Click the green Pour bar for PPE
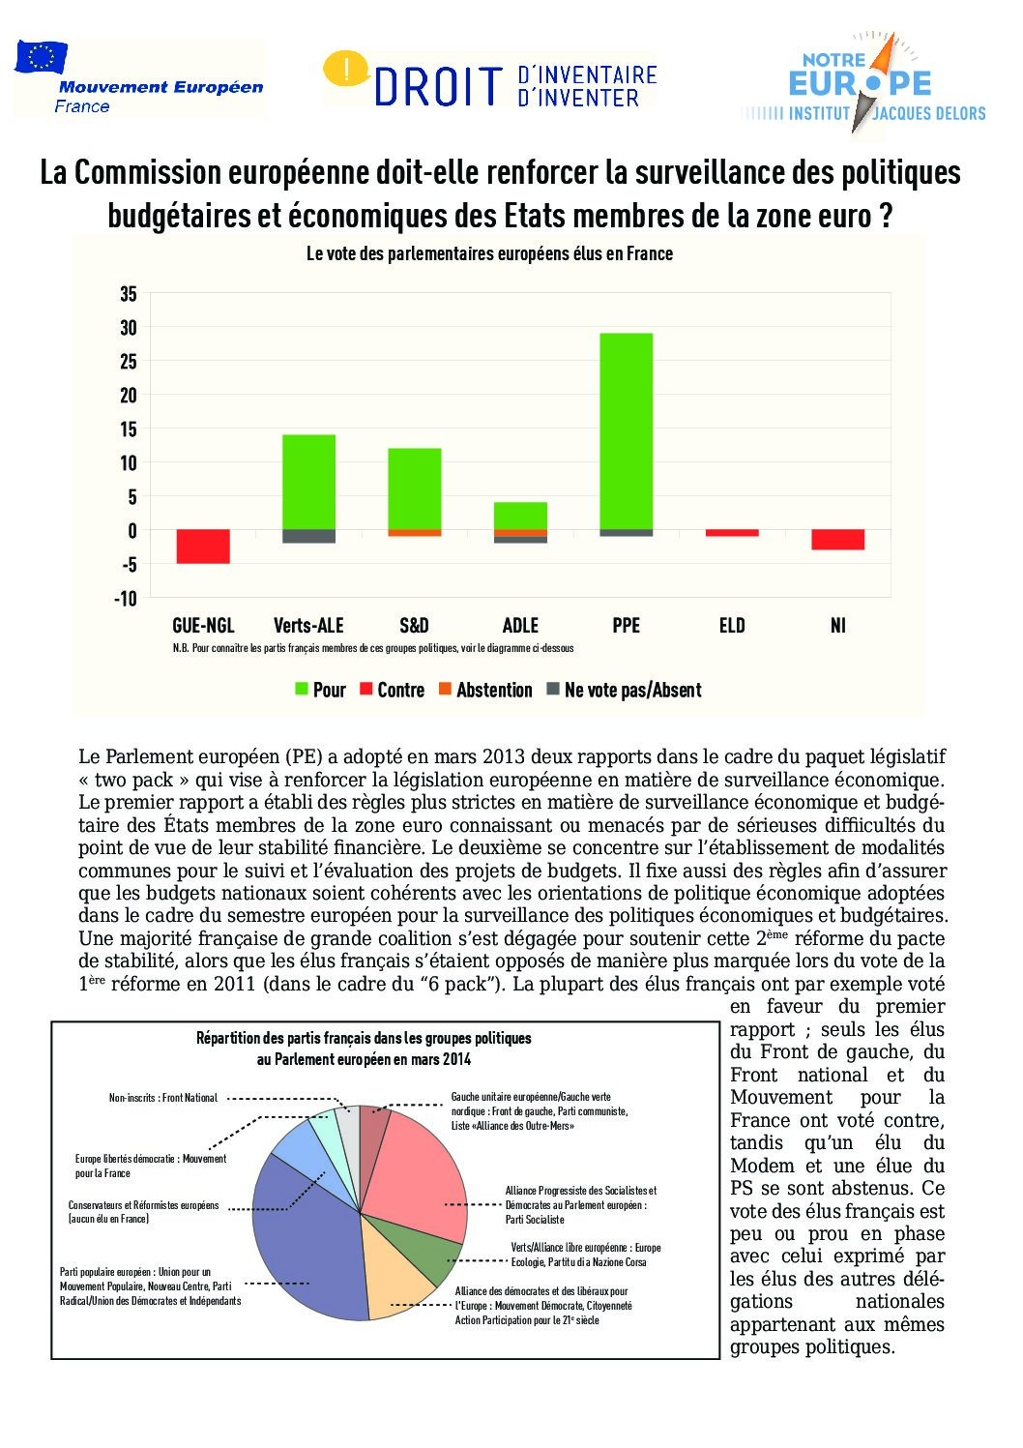coord(626,431)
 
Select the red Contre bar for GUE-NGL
coord(203,547)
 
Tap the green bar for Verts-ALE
coord(308,482)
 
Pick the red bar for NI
coord(837,540)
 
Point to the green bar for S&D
coord(414,488)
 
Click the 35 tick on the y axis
coord(129,294)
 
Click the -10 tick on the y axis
coord(126,599)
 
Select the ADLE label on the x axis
coord(520,626)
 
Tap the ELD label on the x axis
coord(732,626)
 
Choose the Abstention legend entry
coord(485,690)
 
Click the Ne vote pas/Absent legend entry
coord(624,690)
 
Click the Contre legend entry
coord(392,690)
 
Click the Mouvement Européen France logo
coord(138,79)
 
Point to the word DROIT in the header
coord(438,87)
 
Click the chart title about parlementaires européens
coord(489,253)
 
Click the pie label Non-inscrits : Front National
coord(162,1098)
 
